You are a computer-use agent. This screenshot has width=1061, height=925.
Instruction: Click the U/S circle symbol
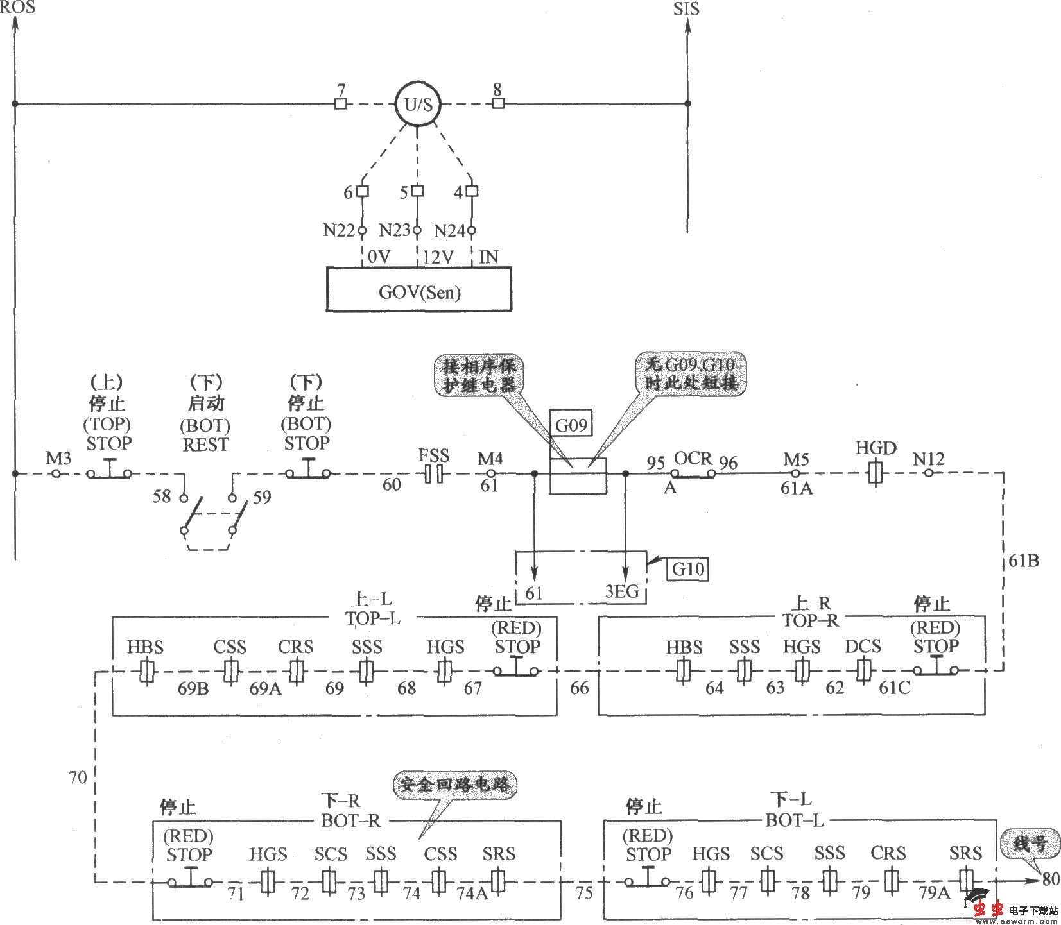(x=418, y=105)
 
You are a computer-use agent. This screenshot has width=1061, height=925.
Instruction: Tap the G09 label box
(x=571, y=425)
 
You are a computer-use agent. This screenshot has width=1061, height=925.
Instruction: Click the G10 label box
(x=688, y=568)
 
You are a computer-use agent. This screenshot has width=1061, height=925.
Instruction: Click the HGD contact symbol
(x=876, y=474)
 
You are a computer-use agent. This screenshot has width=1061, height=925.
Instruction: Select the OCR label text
(x=693, y=459)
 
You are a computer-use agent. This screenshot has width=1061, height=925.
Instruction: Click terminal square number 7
(x=341, y=104)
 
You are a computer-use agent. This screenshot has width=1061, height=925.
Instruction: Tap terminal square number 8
(x=498, y=104)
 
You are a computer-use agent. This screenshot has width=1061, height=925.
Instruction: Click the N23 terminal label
(x=394, y=230)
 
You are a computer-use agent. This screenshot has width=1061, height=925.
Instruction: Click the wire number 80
(x=1050, y=879)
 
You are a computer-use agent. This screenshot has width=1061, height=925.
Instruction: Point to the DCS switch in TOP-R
(x=862, y=671)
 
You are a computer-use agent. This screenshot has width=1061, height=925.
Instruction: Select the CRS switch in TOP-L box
(x=296, y=671)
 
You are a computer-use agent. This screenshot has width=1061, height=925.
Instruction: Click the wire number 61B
(x=1024, y=561)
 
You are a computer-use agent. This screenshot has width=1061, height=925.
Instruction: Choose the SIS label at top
(x=686, y=9)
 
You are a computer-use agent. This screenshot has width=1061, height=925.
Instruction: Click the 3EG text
(x=622, y=591)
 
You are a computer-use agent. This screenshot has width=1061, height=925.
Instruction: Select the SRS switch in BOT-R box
(x=498, y=879)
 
